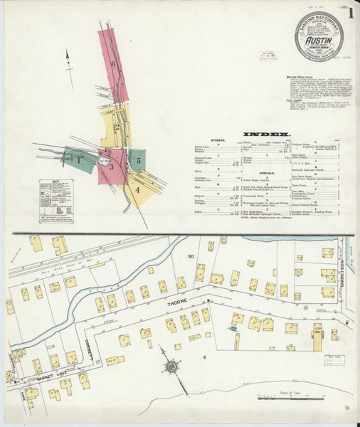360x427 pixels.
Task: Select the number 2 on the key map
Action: click(116, 128)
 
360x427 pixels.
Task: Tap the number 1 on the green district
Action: click(79, 160)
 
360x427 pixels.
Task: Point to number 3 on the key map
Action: click(112, 166)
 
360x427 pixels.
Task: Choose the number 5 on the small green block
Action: click(139, 161)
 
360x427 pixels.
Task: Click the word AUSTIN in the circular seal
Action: click(318, 41)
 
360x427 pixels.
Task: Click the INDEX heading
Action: click(266, 134)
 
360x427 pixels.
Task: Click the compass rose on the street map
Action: click(171, 368)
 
